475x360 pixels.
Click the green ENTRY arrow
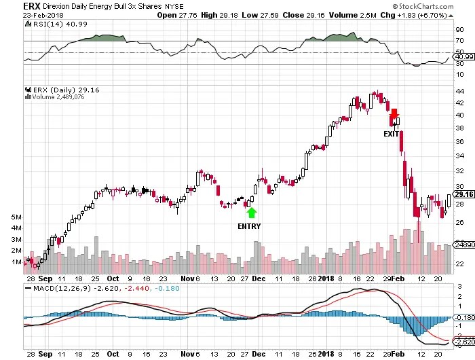click(x=252, y=213)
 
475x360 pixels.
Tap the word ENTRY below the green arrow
click(x=249, y=226)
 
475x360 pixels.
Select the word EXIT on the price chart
click(x=392, y=134)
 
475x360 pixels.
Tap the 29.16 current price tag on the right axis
click(x=463, y=195)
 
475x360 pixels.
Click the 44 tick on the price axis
click(x=459, y=91)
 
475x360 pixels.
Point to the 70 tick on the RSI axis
click(x=459, y=41)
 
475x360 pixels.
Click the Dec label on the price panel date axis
click(x=259, y=278)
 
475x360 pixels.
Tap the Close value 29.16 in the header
click(x=312, y=14)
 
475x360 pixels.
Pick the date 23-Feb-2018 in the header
click(x=24, y=14)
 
